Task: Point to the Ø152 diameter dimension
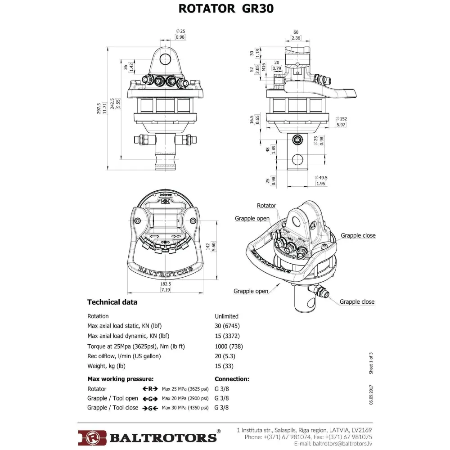point(341,119)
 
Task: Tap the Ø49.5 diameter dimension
point(321,178)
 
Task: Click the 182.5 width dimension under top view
point(166,284)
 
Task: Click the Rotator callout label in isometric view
point(266,206)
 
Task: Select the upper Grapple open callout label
point(252,219)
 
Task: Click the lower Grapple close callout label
point(357,302)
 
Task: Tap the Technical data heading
point(112,302)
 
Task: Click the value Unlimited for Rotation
point(226,316)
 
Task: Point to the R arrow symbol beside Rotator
point(149,389)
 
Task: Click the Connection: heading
point(232,379)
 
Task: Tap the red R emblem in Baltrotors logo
point(92,437)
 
